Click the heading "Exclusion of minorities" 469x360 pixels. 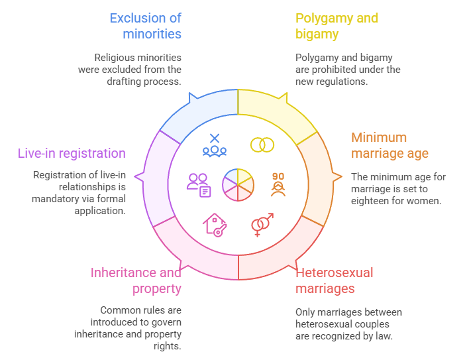[145, 26]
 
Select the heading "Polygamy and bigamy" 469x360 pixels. [337, 26]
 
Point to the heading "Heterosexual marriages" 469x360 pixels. [334, 280]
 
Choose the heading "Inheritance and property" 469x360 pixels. [136, 280]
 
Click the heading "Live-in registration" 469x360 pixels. [72, 153]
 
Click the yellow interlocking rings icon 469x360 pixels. [262, 145]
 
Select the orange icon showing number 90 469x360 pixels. [278, 184]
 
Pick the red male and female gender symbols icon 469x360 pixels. [262, 225]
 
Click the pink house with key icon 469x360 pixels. [215, 225]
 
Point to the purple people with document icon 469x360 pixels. [199, 185]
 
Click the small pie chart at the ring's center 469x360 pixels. [238, 184]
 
